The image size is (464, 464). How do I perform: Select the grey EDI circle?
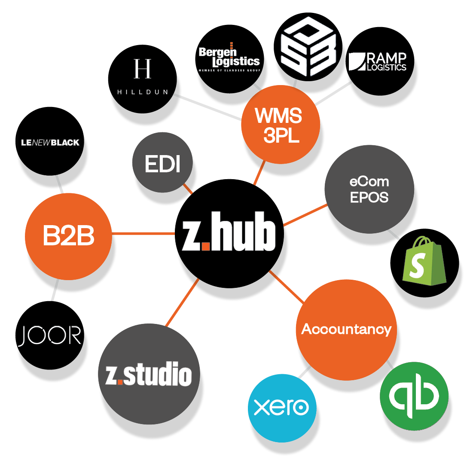(162, 165)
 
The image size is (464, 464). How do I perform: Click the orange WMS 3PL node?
(280, 125)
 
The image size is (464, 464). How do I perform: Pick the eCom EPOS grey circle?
(369, 189)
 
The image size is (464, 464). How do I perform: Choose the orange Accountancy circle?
(346, 329)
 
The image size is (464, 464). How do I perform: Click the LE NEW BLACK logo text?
(50, 142)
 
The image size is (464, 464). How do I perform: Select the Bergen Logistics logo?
(229, 58)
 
